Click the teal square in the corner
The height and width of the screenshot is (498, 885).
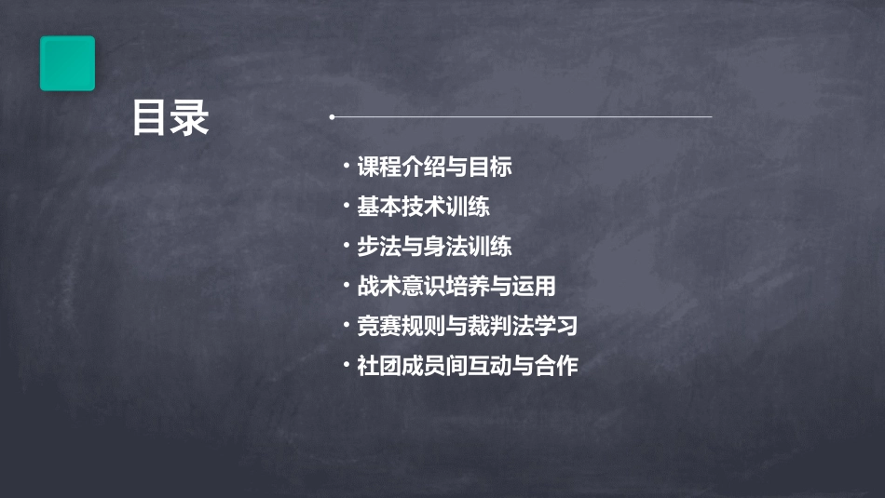[67, 63]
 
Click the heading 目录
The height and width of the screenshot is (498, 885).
[170, 119]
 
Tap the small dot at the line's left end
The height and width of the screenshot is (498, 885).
[332, 117]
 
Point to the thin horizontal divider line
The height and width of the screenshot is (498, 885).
[522, 117]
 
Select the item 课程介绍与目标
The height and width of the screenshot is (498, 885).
[434, 168]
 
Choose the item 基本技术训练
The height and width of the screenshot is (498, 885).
[423, 207]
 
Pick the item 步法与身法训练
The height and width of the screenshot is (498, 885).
[434, 247]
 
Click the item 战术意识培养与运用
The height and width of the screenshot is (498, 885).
[456, 286]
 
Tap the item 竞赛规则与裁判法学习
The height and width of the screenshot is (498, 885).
[468, 326]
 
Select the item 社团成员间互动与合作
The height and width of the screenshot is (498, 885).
[468, 366]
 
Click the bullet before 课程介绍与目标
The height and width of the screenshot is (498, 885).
[346, 167]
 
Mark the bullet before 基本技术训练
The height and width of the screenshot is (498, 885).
[346, 206]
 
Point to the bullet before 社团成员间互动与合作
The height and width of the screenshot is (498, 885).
[346, 365]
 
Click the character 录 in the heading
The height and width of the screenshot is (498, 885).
[190, 119]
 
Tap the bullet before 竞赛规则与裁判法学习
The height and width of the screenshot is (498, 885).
[346, 325]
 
